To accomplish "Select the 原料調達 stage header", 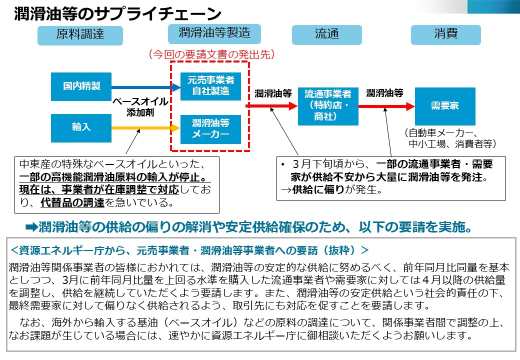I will click(80, 34).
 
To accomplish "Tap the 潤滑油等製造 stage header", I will click(214, 33).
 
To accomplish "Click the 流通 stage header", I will click(326, 34).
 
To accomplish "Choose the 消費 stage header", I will click(445, 34).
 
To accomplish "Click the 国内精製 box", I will click(81, 86).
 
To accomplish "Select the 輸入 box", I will click(81, 127).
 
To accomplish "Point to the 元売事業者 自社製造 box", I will click(210, 86).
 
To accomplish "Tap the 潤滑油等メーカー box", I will click(210, 129).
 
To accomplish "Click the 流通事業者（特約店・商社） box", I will click(328, 106).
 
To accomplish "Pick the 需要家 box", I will click(444, 106).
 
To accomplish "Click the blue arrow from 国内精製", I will click(145, 87).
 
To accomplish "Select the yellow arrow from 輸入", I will click(145, 128).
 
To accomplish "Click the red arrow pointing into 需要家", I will click(386, 106).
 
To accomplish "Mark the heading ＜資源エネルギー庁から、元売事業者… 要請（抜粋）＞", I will click(189, 249).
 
